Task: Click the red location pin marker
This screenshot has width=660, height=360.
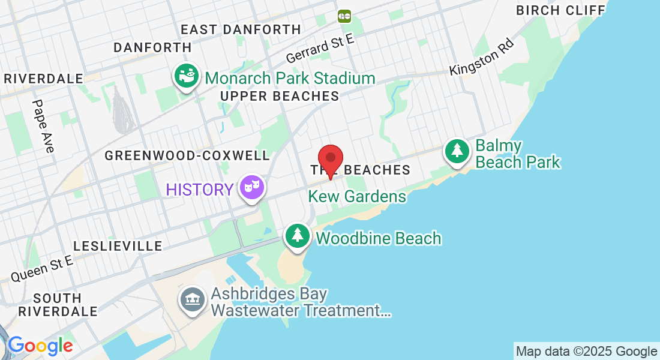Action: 330,159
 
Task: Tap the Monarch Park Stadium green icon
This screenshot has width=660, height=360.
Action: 187,76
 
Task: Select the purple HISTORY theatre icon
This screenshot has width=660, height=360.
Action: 251,188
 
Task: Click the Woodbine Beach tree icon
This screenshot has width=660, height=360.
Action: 297,236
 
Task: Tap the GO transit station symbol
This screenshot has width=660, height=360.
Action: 344,16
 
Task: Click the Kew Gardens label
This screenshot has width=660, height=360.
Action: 357,196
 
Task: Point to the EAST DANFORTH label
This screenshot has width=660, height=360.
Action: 241,29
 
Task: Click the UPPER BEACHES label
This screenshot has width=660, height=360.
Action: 280,96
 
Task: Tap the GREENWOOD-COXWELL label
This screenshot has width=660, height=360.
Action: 187,155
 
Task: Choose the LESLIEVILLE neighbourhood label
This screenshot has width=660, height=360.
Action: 118,246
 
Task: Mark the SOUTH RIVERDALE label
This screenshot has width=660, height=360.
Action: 58,305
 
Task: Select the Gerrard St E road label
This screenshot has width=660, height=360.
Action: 320,49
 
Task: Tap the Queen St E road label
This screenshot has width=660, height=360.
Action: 41,268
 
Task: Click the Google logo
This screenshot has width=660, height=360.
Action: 40,346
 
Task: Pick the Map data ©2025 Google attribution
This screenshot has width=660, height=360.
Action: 587,352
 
